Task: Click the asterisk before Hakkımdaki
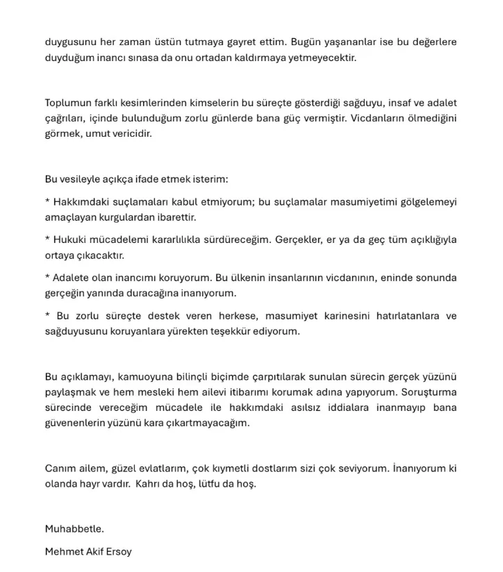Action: [47, 202]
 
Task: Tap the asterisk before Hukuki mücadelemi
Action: [47, 239]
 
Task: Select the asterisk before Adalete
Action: [47, 278]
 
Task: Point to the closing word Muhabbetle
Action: [74, 529]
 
